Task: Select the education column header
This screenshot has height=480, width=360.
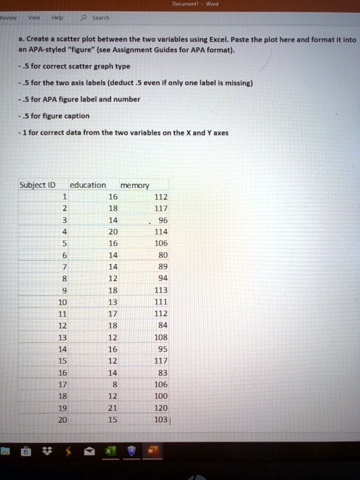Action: (88, 184)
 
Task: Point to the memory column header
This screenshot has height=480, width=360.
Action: (134, 184)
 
